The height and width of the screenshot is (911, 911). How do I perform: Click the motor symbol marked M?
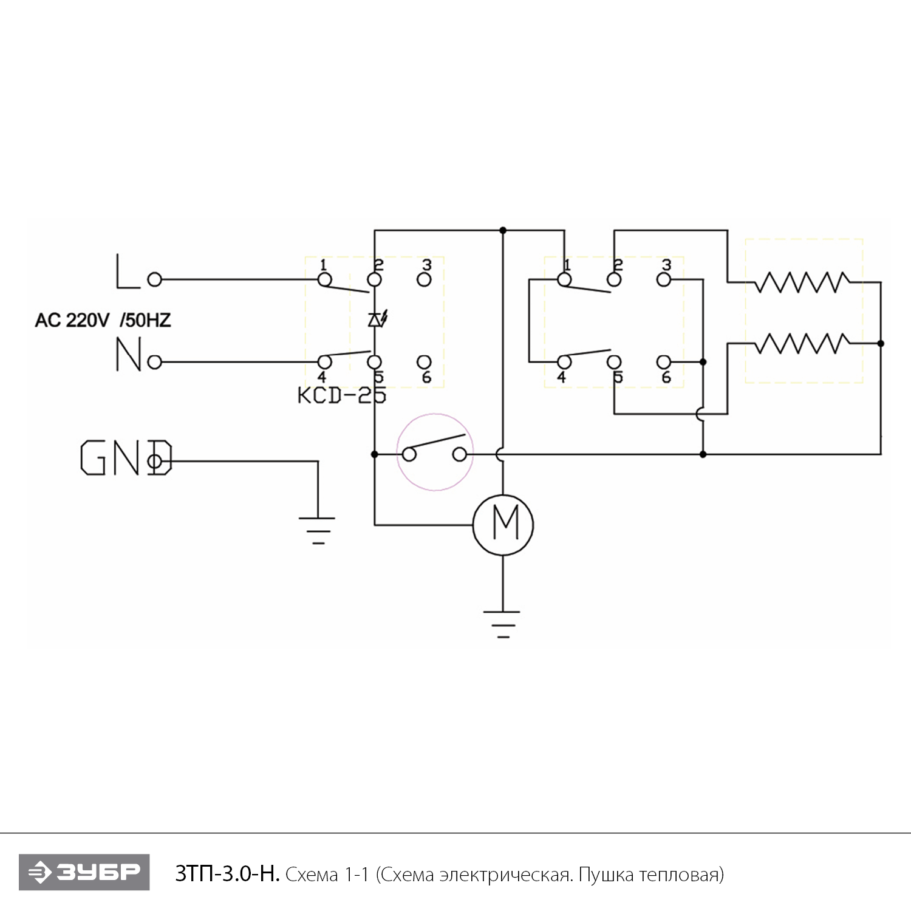point(503,525)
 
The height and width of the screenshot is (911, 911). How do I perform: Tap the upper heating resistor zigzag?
point(802,282)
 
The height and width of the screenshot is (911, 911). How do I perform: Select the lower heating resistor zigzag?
point(802,344)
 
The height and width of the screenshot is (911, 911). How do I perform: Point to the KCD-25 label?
point(341,395)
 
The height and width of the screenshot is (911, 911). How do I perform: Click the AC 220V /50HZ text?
point(103,320)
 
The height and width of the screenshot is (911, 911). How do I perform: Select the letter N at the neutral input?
point(128,355)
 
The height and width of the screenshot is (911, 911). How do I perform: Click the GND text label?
point(126,457)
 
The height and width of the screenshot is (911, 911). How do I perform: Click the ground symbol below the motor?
point(502,623)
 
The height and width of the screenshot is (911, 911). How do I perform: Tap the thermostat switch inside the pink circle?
point(435,452)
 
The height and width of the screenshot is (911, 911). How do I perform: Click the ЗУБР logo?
point(84,873)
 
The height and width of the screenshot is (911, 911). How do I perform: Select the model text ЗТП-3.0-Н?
point(227,874)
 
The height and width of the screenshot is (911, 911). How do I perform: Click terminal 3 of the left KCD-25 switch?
point(425,279)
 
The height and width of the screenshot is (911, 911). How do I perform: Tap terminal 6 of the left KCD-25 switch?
point(425,363)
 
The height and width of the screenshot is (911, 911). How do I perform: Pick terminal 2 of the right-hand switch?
point(615,279)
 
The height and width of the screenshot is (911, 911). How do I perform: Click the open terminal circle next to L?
point(155,279)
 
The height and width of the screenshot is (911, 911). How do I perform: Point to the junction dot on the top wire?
point(503,231)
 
